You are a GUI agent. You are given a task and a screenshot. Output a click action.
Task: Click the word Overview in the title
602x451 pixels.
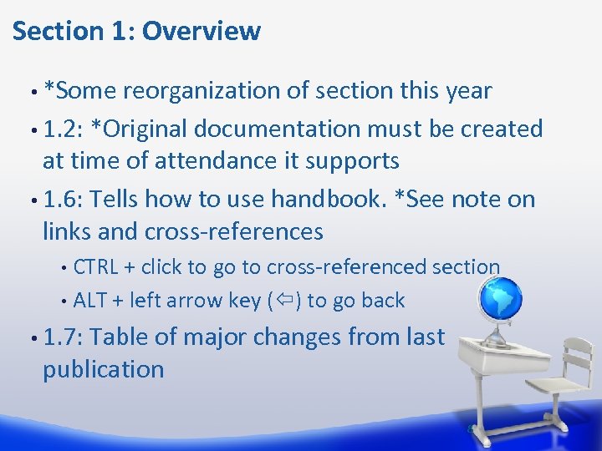point(202,31)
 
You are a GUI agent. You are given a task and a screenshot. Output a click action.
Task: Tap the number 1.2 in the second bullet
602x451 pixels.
point(59,129)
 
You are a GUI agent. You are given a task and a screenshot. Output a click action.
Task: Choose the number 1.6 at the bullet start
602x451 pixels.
point(59,199)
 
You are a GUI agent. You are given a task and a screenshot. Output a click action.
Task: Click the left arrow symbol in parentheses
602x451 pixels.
point(283,301)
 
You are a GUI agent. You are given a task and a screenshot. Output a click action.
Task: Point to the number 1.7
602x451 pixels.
point(59,337)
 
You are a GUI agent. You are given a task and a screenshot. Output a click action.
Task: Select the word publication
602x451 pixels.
point(103,369)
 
